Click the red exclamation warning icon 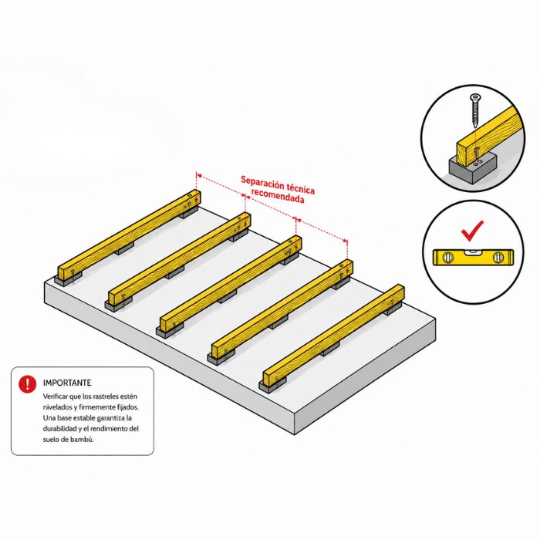tap(27, 383)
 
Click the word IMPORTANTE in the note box tap(67, 383)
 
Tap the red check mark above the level tap(472, 231)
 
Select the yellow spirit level tap(473, 257)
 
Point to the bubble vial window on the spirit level tap(473, 253)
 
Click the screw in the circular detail tap(475, 111)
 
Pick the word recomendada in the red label tap(278, 196)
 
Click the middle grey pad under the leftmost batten tap(124, 248)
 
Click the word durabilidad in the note tap(59, 429)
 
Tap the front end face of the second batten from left tap(114, 297)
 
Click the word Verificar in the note tap(56, 397)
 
